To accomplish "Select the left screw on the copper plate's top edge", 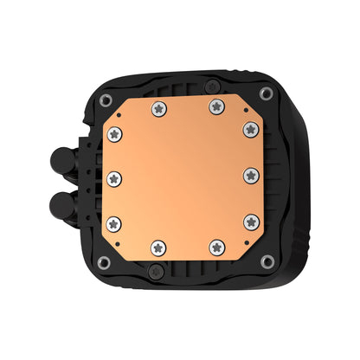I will click(157, 108).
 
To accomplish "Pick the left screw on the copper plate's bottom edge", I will click(157, 248).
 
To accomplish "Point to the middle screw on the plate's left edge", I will click(115, 177).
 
